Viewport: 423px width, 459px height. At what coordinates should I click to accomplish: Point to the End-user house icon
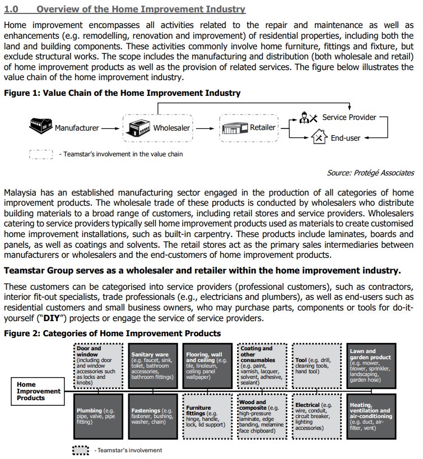pos(319,137)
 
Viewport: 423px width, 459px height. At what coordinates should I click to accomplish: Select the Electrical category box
pos(319,416)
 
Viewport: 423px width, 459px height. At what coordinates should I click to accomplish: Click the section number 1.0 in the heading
pos(12,10)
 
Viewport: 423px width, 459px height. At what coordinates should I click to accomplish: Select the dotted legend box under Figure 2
pos(81,450)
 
